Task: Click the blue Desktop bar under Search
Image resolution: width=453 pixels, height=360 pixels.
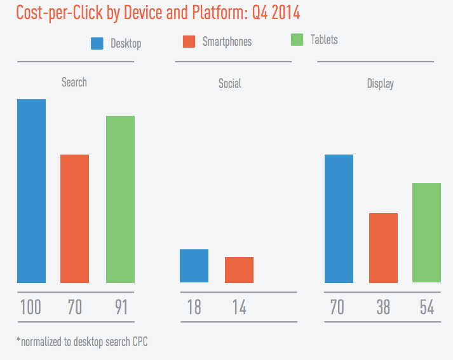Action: tap(31, 191)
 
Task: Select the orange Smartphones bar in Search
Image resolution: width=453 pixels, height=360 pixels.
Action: tap(74, 218)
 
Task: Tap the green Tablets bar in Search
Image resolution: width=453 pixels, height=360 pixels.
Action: tap(120, 199)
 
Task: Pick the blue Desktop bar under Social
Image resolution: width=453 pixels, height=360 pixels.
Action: tap(194, 266)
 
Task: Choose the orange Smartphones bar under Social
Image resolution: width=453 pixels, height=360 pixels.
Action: tap(239, 270)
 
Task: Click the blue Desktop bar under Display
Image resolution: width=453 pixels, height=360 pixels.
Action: tap(339, 218)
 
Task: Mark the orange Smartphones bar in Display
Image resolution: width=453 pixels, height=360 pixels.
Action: tap(383, 247)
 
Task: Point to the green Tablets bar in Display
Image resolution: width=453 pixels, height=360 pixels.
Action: tap(426, 233)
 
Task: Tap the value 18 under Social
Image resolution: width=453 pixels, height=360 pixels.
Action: tap(194, 308)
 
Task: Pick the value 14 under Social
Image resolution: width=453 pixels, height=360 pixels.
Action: tap(238, 308)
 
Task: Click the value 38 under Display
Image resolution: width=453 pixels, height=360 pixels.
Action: tap(382, 308)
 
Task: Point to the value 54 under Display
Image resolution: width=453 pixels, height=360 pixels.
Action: tap(426, 308)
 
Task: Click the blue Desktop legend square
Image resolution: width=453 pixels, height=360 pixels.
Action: tap(97, 43)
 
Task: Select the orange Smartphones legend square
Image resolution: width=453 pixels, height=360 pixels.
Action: tap(189, 41)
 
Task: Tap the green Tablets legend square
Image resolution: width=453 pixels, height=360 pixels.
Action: tap(297, 39)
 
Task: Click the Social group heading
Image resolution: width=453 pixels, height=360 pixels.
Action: tap(229, 83)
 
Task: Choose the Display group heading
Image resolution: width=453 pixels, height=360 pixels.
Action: tap(380, 83)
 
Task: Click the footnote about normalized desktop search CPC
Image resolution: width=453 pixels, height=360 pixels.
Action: tap(83, 342)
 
